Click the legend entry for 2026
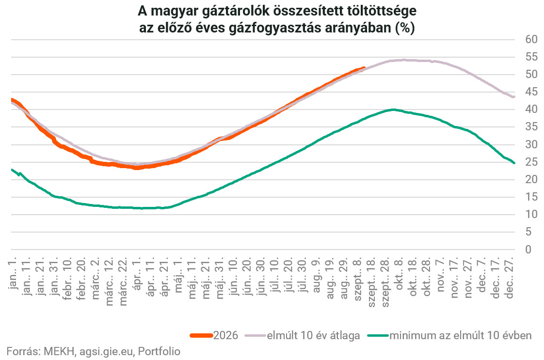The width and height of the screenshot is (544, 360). tap(214, 335)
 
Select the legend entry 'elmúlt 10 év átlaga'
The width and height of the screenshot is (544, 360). tap(303, 335)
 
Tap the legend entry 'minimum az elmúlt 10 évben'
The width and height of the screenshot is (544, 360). tap(449, 335)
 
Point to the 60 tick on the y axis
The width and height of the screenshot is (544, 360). tap(531, 39)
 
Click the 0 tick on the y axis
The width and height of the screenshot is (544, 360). tap(528, 250)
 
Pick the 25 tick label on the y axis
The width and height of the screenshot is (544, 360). tap(531, 162)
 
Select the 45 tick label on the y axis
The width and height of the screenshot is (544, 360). tap(531, 92)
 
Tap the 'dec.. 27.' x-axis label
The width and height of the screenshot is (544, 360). tap(509, 278)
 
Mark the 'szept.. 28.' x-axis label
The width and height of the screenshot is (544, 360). tap(385, 282)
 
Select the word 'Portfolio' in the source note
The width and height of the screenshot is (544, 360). tap(159, 351)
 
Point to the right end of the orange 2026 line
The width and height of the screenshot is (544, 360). tap(364, 68)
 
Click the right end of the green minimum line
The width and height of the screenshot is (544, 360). tap(514, 163)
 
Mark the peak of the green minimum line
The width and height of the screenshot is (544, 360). tap(393, 110)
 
